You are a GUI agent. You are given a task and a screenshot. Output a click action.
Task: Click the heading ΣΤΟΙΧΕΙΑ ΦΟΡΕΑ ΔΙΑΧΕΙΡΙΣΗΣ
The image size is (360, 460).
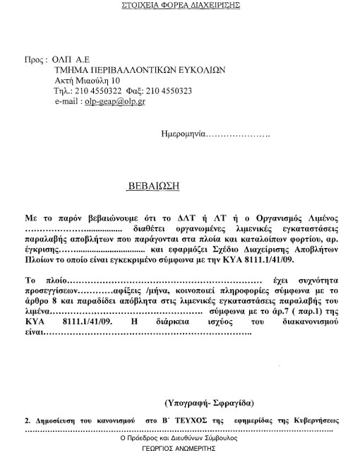(181, 5)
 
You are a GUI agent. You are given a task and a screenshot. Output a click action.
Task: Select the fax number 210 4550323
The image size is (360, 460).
(169, 91)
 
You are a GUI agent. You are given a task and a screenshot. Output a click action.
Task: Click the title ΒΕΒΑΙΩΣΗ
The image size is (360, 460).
(154, 187)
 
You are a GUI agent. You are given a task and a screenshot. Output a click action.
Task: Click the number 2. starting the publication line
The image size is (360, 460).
(28, 420)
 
